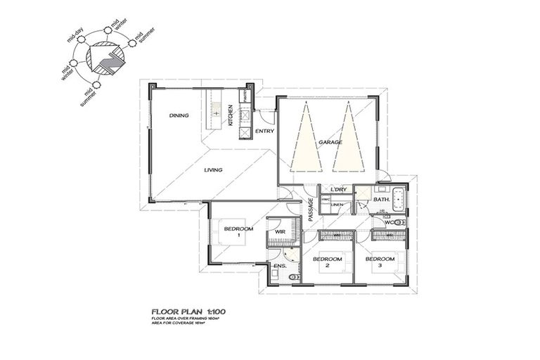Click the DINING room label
point(179,115)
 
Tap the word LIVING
point(213,169)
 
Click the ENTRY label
point(264,131)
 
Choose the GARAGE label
point(330,142)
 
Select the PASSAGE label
point(310,210)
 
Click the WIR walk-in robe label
point(279,231)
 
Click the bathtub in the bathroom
point(399,200)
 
